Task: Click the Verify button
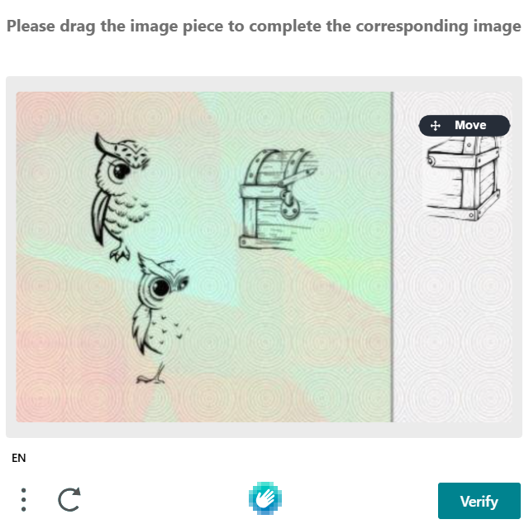tap(479, 501)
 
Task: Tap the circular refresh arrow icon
tap(69, 499)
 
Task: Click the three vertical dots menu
tap(23, 500)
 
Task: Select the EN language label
tap(18, 458)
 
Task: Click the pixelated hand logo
tap(265, 498)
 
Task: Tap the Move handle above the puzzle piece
tap(465, 125)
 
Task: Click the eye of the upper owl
tap(121, 171)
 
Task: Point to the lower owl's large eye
tap(160, 288)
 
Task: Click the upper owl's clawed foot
tap(120, 253)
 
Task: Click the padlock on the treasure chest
tap(289, 204)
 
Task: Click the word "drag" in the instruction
tap(77, 26)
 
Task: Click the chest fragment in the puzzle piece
tap(465, 178)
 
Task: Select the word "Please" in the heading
tap(31, 26)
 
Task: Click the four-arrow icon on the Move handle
tap(436, 126)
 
